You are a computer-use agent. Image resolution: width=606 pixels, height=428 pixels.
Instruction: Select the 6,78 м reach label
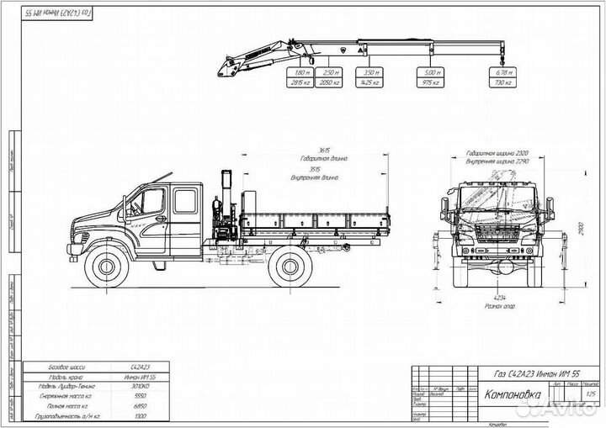pos(504,74)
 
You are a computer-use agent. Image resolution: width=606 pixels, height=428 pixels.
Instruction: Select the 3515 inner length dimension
pos(315,169)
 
